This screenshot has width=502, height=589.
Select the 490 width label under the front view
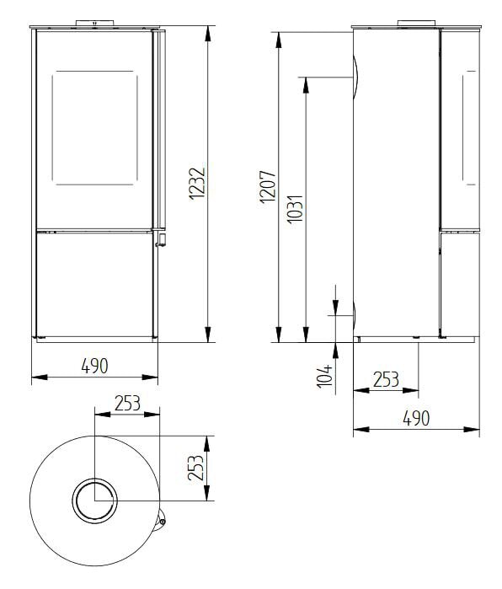click(94, 367)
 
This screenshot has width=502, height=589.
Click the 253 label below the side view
click(385, 380)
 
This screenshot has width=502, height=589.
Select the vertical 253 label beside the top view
click(195, 469)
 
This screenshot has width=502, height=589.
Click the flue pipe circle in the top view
click(94, 500)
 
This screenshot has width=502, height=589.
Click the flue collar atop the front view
click(94, 21)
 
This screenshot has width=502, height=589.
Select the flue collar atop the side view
click(416, 21)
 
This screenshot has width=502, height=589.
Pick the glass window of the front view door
click(94, 128)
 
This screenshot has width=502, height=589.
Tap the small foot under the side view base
click(417, 340)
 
